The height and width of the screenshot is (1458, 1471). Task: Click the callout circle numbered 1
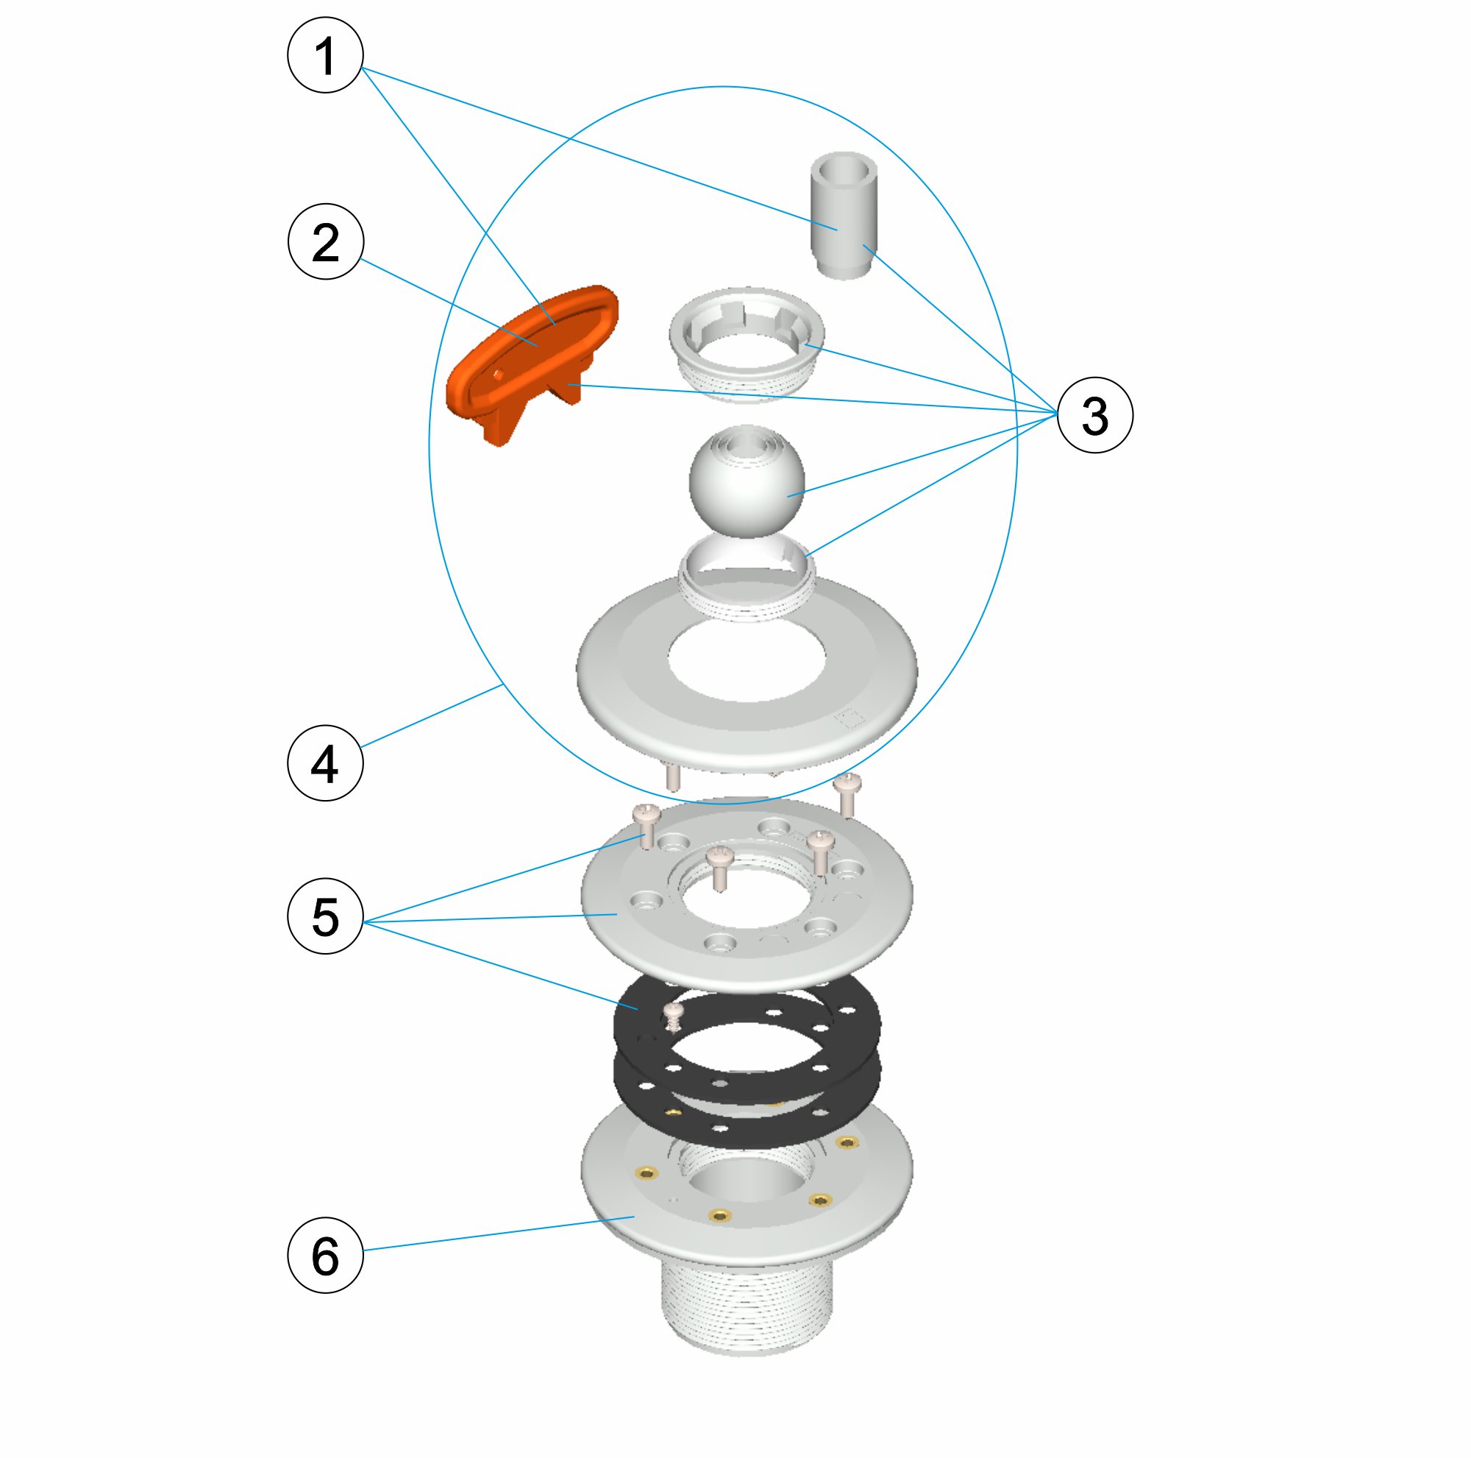325,55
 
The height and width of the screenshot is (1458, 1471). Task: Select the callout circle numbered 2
326,242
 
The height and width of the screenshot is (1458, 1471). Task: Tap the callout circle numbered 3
1095,415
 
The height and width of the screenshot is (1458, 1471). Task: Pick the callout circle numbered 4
325,763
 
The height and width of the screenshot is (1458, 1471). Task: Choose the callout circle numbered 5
325,916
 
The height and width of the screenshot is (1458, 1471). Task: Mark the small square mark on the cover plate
850,718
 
